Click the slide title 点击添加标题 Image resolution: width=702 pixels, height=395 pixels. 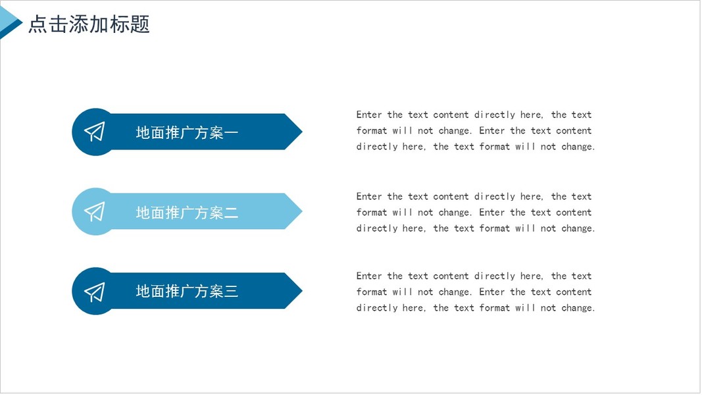[89, 24]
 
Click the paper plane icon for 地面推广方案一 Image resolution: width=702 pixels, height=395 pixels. [95, 132]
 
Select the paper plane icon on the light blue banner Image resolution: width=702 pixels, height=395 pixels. [95, 211]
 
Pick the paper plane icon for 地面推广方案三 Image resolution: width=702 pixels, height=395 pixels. [95, 292]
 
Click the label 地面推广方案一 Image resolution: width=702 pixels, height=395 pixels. [187, 132]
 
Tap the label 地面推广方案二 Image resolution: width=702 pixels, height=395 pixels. [187, 212]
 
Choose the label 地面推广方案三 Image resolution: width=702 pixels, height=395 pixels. [187, 292]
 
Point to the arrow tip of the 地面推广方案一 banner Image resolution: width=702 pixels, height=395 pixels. [302, 132]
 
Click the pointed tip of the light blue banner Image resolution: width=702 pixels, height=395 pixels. [302, 211]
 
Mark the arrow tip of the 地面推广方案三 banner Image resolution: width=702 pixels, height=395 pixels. [302, 290]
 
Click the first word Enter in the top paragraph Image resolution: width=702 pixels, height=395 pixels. [369, 115]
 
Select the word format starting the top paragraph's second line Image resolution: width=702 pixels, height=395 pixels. [372, 131]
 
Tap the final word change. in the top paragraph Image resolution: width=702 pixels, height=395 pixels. [578, 147]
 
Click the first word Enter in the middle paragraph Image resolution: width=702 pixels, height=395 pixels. [369, 197]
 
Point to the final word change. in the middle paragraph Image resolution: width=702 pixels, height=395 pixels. [578, 229]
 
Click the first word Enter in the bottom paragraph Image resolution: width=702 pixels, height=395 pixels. [369, 276]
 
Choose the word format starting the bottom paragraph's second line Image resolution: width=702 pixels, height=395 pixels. [372, 292]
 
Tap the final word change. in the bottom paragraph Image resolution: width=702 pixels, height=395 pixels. [578, 308]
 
